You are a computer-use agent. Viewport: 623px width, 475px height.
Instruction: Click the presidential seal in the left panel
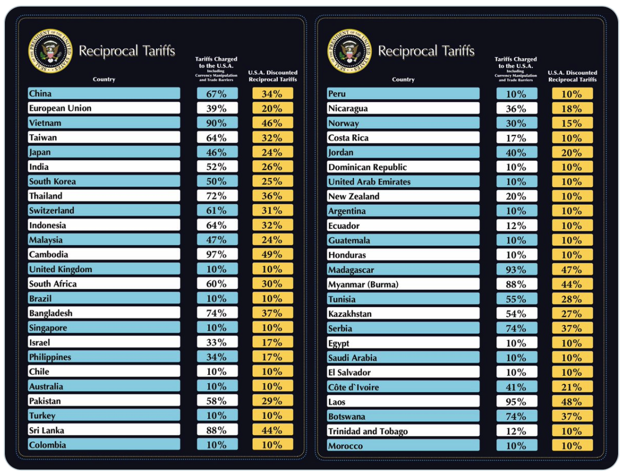click(x=50, y=51)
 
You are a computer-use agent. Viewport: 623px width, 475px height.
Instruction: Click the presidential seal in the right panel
click(x=349, y=51)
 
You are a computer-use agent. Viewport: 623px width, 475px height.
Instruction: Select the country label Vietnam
click(x=45, y=123)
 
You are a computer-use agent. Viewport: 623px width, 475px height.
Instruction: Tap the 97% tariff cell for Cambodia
click(x=217, y=254)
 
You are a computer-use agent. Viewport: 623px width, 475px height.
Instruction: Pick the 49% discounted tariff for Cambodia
click(x=272, y=254)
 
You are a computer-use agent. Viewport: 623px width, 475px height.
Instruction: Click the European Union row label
click(x=60, y=108)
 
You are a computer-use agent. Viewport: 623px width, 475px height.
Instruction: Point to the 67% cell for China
click(x=217, y=93)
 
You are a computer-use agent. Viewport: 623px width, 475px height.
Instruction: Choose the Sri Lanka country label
click(x=47, y=430)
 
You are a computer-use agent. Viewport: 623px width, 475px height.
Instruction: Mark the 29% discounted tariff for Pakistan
click(x=272, y=401)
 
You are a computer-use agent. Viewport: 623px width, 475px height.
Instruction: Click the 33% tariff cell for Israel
click(x=217, y=342)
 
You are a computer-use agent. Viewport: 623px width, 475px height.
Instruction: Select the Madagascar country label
click(x=351, y=270)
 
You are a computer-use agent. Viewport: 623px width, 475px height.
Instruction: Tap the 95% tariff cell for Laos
click(x=516, y=402)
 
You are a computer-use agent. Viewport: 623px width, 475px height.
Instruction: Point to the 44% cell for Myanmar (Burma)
click(x=572, y=284)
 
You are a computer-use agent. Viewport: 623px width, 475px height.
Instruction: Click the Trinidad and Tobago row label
click(x=368, y=432)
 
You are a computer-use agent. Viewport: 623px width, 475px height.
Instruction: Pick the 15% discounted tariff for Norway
click(x=572, y=123)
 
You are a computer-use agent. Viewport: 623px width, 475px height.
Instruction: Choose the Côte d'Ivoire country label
click(x=353, y=387)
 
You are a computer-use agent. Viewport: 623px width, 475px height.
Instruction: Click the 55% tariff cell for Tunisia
click(x=516, y=299)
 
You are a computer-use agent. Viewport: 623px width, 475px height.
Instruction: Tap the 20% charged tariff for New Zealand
click(x=516, y=196)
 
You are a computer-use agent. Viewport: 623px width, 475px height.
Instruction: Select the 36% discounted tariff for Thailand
click(x=272, y=196)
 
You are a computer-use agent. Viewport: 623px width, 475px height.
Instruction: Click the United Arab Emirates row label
click(x=370, y=182)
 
